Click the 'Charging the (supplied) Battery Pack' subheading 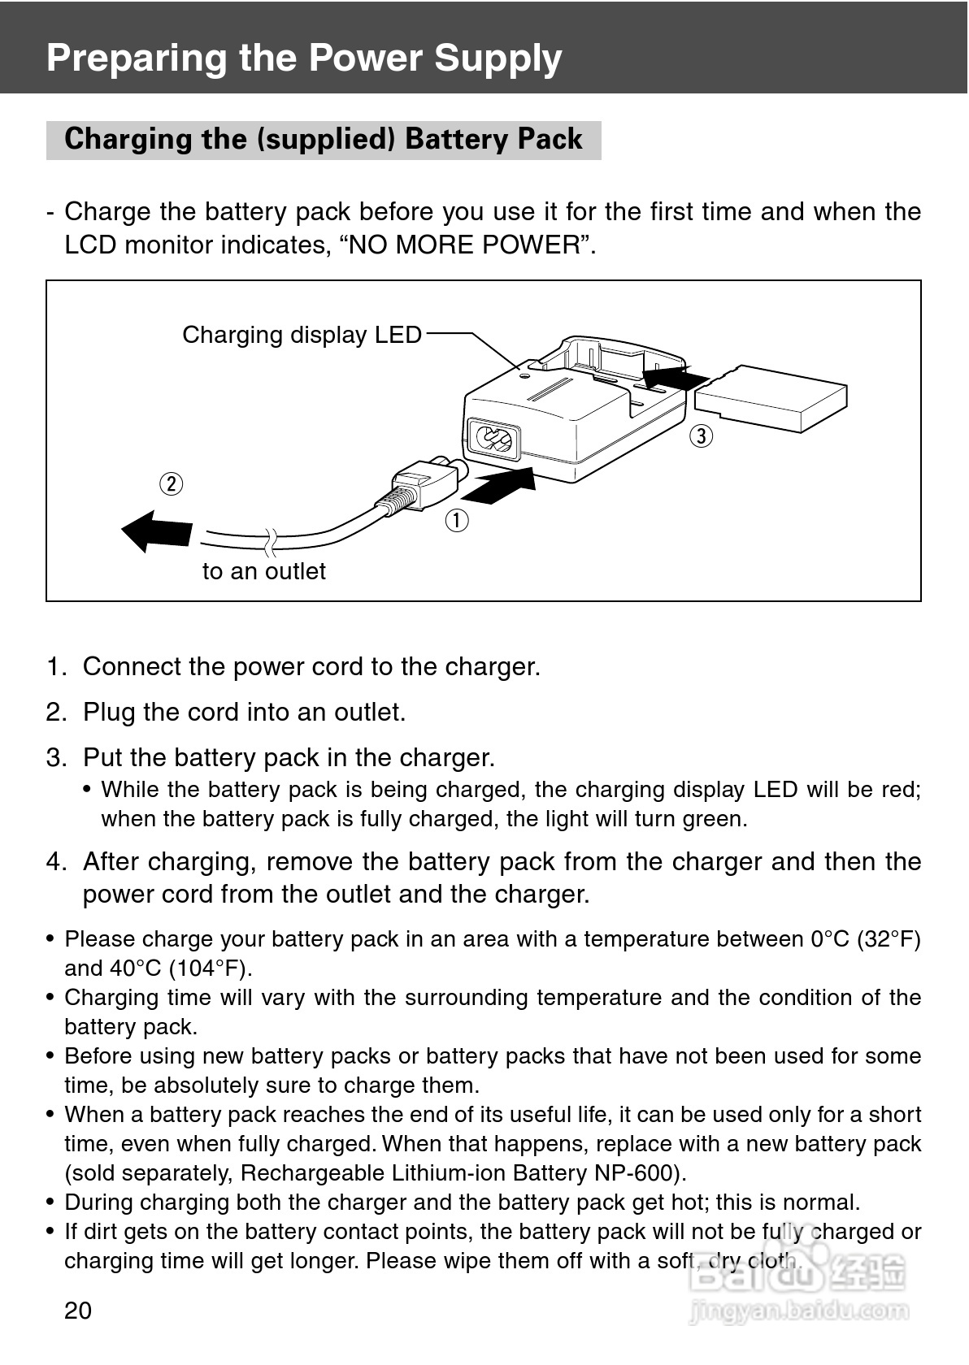[324, 140]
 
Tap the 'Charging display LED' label [302, 335]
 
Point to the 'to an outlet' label [264, 572]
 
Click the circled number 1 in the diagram [457, 520]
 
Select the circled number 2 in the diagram [172, 484]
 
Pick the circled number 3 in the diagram [702, 435]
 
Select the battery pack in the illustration [771, 398]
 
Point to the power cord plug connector [421, 483]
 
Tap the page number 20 [78, 1310]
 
